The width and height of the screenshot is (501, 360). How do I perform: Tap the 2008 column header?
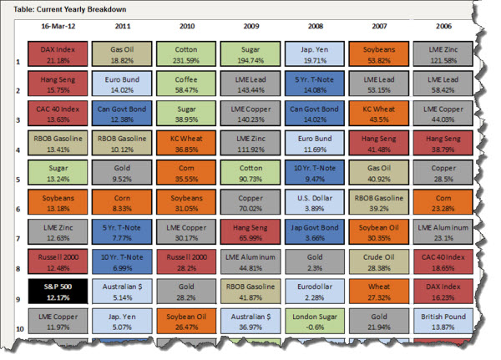[x=315, y=26]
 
